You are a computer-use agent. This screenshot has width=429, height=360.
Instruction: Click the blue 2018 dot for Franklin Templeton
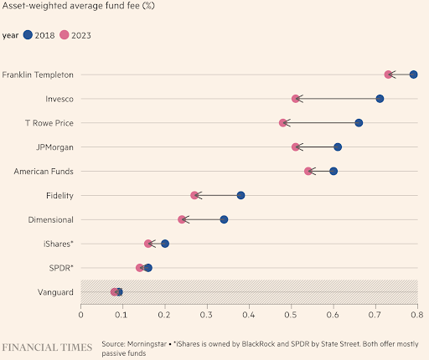(413, 75)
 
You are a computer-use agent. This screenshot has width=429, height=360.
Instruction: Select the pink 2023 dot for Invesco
(296, 99)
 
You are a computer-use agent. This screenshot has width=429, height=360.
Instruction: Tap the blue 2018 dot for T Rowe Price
(359, 123)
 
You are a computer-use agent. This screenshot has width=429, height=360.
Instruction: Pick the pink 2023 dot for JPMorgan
(296, 147)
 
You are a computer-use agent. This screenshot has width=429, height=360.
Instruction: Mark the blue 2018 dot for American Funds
(333, 171)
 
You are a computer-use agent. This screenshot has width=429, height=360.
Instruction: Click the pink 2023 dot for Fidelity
(194, 195)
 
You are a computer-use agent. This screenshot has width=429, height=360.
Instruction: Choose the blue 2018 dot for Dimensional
(224, 219)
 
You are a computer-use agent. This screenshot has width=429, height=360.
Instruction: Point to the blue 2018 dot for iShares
(165, 244)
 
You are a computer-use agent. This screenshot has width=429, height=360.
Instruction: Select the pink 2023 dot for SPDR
(140, 268)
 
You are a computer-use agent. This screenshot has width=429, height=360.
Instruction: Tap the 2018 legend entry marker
(28, 35)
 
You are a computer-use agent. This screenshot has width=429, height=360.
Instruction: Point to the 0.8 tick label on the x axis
(417, 316)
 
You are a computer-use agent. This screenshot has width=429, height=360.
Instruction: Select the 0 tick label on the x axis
(80, 316)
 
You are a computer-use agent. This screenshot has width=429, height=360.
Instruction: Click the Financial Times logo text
(47, 347)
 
